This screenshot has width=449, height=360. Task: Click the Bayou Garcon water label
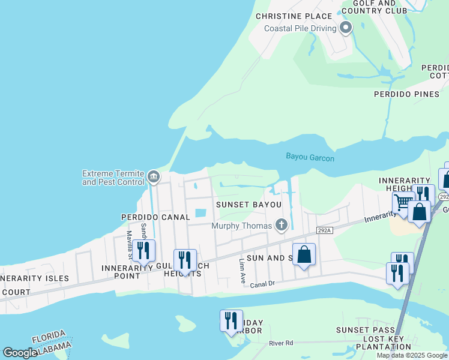[x=310, y=157]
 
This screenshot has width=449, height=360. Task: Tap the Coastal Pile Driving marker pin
[x=345, y=28]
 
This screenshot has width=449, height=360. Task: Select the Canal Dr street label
[x=262, y=284]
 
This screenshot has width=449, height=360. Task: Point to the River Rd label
[x=280, y=343]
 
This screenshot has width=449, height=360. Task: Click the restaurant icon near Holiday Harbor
[x=231, y=320]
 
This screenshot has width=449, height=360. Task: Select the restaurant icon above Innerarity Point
[x=143, y=250]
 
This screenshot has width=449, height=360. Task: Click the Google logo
[x=20, y=353]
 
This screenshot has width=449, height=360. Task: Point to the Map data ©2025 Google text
[x=411, y=355]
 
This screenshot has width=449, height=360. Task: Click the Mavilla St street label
[x=128, y=242]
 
